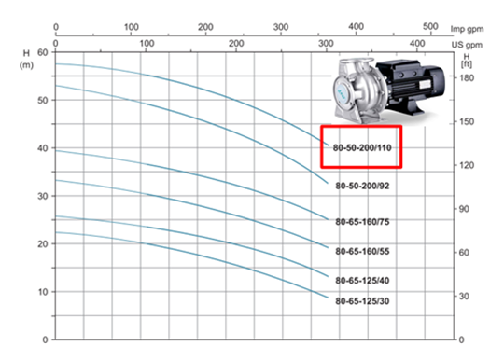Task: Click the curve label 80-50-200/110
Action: coord(362,147)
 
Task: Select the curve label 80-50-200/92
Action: coord(362,186)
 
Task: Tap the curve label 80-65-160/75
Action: coord(362,222)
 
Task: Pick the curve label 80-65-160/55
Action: coord(362,251)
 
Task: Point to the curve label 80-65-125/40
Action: coord(362,281)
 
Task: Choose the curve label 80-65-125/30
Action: coord(362,301)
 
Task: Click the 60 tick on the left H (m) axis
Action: coord(42,52)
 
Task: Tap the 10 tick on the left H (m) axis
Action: coord(42,292)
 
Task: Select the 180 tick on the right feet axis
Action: coord(466,77)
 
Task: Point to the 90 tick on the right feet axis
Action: coord(464,209)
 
